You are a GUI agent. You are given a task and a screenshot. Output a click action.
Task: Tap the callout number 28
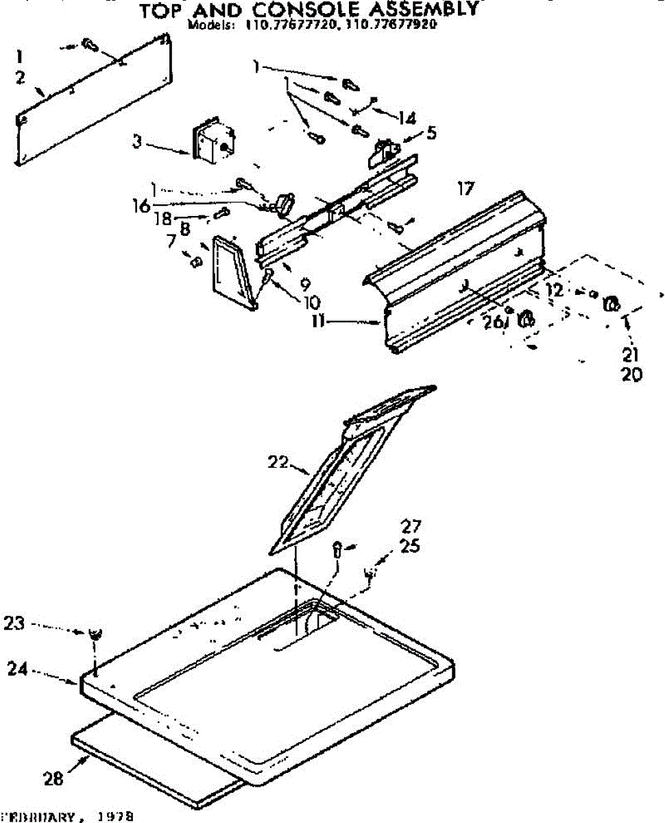click(54, 778)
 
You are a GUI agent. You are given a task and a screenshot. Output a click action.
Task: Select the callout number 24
click(17, 667)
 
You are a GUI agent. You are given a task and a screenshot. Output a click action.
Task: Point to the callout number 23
click(14, 623)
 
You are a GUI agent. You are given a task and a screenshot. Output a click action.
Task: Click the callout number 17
click(465, 188)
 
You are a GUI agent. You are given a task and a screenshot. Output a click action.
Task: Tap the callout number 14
click(407, 118)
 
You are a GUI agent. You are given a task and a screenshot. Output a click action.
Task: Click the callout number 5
click(431, 133)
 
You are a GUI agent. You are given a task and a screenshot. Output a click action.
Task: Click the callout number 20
click(633, 374)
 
